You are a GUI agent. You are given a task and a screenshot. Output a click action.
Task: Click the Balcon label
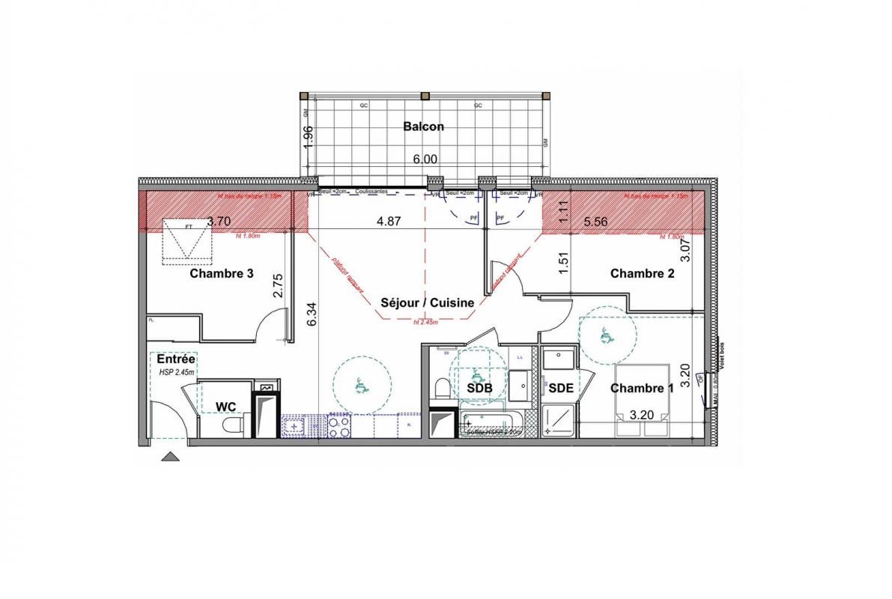coord(423,127)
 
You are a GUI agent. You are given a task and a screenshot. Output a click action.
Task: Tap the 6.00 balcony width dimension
coord(425,159)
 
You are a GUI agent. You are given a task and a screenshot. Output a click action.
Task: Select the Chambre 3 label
coord(221,273)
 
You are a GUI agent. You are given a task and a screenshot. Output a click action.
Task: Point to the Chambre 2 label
coord(642,273)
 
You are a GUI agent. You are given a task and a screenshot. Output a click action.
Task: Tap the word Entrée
coord(176,360)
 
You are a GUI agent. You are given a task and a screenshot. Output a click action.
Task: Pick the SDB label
coord(479,388)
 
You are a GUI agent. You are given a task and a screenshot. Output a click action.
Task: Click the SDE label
coord(561,388)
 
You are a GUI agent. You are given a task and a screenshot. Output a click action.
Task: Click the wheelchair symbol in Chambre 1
coord(606,337)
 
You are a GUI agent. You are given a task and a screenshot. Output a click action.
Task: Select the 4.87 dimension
coord(390,221)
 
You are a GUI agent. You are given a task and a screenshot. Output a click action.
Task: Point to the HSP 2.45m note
coord(176,372)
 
